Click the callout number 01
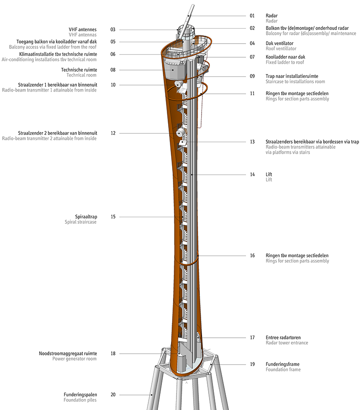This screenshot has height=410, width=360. tap(252, 16)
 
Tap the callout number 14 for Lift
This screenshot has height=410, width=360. tap(252, 174)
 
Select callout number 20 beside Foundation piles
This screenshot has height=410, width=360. tap(113, 395)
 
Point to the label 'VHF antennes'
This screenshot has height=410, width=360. tap(83, 30)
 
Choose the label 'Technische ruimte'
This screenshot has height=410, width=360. tap(79, 70)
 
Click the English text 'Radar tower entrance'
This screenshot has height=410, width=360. tap(287, 343)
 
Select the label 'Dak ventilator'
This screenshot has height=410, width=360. tap(279, 43)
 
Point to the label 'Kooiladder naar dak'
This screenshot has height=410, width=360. tap(285, 57)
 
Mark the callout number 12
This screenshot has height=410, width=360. tap(113, 133)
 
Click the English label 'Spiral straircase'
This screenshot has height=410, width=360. tap(81, 222)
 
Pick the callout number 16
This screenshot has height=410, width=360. tap(252, 255)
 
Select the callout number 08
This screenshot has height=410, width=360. tap(113, 70)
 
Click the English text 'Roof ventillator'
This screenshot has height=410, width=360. tap(281, 49)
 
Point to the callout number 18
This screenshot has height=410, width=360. tap(113, 353)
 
